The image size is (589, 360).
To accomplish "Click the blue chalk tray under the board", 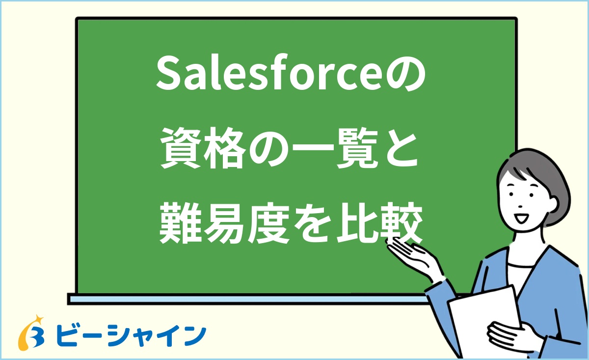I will pyautogui.click(x=245, y=299).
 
